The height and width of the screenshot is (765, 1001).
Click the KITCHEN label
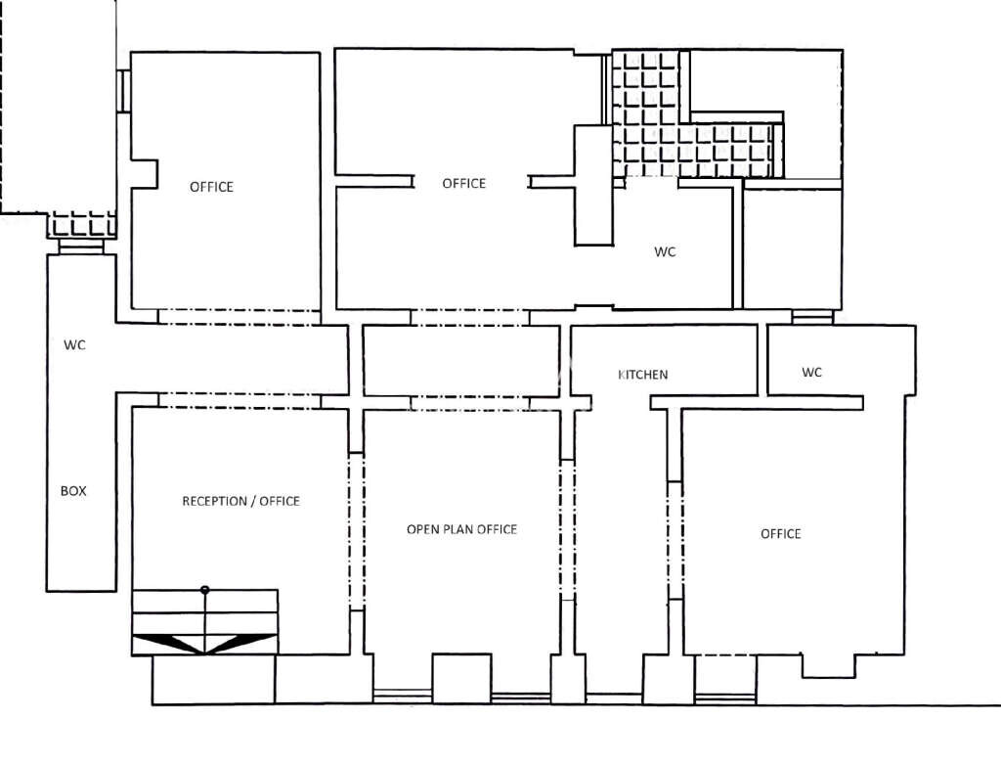pyautogui.click(x=643, y=375)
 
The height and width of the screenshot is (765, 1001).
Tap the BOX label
pyautogui.click(x=73, y=491)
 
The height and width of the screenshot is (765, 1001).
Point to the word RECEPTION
pyautogui.click(x=215, y=502)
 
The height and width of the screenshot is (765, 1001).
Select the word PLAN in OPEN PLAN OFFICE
pyautogui.click(x=455, y=529)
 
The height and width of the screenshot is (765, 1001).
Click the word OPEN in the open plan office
pyautogui.click(x=421, y=529)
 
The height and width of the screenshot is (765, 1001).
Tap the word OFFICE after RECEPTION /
pyautogui.click(x=280, y=502)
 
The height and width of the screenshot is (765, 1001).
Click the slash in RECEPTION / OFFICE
pyautogui.click(x=252, y=502)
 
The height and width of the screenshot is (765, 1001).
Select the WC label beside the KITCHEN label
pyautogui.click(x=811, y=373)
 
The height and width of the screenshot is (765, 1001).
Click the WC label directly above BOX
pyautogui.click(x=74, y=345)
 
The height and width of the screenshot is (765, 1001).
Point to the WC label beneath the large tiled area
pyautogui.click(x=665, y=251)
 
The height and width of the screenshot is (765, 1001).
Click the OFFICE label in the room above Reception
pyautogui.click(x=211, y=187)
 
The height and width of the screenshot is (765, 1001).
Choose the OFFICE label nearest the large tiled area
pyautogui.click(x=463, y=184)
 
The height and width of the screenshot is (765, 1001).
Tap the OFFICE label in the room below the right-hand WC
pyautogui.click(x=780, y=534)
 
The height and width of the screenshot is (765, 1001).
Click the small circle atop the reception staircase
pyautogui.click(x=204, y=590)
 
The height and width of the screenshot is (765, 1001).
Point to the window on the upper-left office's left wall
pyautogui.click(x=124, y=91)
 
